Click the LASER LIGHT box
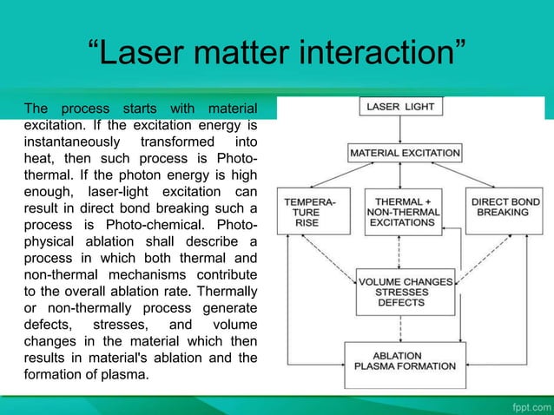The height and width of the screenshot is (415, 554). (x=401, y=108)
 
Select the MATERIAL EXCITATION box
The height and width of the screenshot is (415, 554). (x=405, y=153)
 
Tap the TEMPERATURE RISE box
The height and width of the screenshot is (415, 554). (x=304, y=210)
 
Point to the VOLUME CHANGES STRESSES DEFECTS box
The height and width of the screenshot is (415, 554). (x=405, y=292)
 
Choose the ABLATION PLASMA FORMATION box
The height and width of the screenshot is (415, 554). (x=405, y=363)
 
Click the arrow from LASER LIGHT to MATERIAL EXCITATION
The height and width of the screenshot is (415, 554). (x=400, y=130)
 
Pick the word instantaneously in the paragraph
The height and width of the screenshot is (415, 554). (x=68, y=141)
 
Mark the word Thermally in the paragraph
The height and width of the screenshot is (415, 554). (x=228, y=292)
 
